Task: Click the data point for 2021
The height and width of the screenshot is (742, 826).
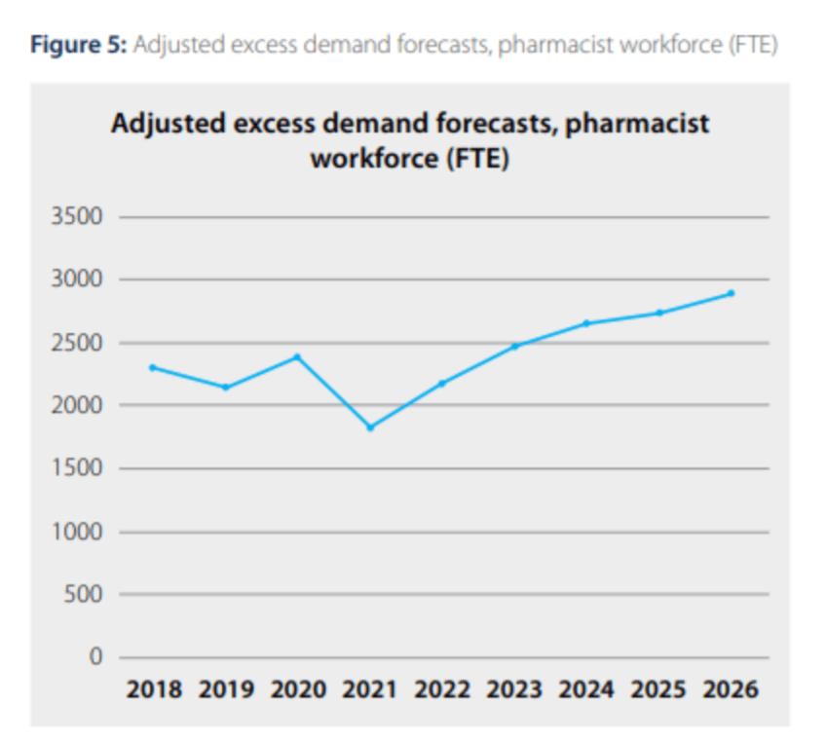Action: click(370, 427)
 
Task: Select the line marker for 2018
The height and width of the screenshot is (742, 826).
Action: click(153, 367)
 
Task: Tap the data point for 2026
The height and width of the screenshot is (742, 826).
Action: click(731, 293)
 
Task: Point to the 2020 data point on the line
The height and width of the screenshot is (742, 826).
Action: click(298, 356)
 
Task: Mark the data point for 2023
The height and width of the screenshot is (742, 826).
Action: click(515, 346)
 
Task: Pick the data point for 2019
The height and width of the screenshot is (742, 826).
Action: click(226, 388)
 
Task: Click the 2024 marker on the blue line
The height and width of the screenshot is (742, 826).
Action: click(586, 323)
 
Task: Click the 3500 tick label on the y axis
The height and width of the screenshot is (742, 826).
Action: click(76, 217)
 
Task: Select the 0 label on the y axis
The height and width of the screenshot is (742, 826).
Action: click(95, 657)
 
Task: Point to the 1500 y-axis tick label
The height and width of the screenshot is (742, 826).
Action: click(76, 468)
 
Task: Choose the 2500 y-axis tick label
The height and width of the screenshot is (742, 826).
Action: click(76, 343)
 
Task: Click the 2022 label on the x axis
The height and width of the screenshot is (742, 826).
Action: click(442, 690)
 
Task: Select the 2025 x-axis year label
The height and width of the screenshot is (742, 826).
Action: click(658, 690)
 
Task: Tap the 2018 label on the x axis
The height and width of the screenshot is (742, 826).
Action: click(154, 690)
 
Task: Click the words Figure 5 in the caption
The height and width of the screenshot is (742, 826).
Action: click(74, 46)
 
